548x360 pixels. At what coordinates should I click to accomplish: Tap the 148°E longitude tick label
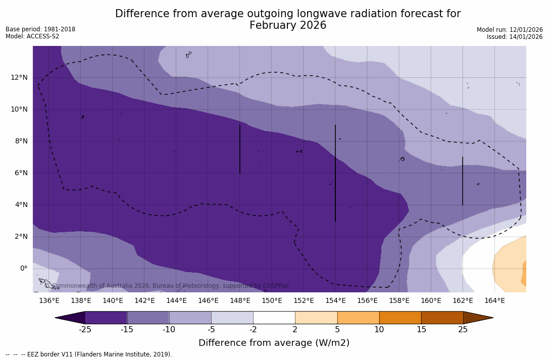[240, 301]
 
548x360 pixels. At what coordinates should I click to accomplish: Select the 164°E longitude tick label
[494, 301]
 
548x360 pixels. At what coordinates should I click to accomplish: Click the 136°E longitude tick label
[49, 301]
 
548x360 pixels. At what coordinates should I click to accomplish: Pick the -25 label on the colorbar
[85, 330]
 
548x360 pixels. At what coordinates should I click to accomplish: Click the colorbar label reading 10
[379, 330]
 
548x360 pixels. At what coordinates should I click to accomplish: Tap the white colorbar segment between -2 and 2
[274, 318]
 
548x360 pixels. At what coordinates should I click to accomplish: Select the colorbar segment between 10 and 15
[400, 318]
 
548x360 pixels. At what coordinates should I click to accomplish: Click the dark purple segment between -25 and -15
[106, 318]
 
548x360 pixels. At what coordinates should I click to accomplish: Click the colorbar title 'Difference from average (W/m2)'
[274, 343]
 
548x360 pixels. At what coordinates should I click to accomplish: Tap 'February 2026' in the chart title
[288, 25]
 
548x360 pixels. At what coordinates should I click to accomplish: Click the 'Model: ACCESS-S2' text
[32, 36]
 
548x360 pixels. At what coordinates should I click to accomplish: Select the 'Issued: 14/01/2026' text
[515, 37]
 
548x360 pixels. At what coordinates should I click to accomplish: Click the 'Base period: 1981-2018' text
[40, 29]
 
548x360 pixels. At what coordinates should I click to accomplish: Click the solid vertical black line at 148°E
[240, 149]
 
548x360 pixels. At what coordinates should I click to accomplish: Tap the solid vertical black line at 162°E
[463, 181]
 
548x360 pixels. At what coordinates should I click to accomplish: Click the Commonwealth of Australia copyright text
[167, 286]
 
